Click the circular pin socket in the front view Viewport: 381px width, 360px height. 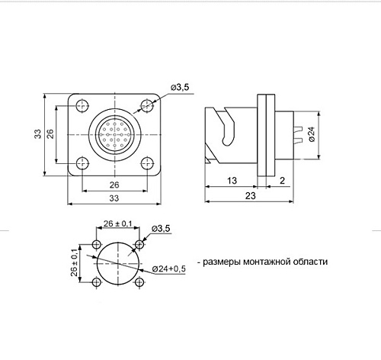pos(114,134)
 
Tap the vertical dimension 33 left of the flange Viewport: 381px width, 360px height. pos(37,134)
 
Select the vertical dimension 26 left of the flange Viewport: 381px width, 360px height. pos(50,134)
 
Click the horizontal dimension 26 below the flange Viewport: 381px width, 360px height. pos(114,185)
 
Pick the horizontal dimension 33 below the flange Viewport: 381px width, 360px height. pos(114,198)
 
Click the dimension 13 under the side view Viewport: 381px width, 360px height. pos(231,181)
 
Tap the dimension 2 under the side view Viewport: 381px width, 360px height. pos(283,181)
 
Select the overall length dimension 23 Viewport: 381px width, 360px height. pos(251,195)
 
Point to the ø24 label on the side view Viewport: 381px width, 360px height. pos(312,135)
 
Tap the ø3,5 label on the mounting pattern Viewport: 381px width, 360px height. pos(161,228)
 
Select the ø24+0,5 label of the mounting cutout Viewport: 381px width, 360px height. pos(168,268)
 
